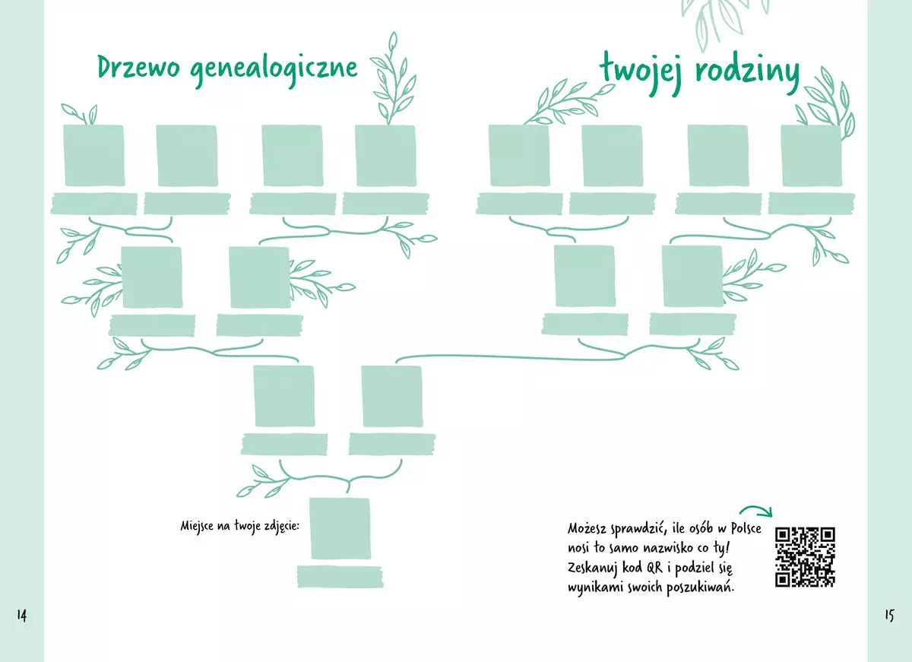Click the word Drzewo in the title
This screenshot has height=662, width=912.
(138, 67)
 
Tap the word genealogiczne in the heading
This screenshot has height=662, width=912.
(274, 70)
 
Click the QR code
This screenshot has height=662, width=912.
(805, 557)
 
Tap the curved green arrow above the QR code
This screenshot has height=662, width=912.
(755, 511)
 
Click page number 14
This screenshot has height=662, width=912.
(22, 615)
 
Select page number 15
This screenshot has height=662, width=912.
(889, 615)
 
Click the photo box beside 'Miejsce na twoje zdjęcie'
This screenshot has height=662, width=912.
(340, 528)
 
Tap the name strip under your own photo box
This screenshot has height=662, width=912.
(340, 576)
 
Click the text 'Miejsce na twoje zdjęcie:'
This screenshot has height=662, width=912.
(240, 527)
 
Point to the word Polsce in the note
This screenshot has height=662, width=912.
(746, 528)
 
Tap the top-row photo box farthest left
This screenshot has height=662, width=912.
(94, 156)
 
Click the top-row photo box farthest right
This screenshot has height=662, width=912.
(812, 156)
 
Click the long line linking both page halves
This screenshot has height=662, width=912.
(510, 357)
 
